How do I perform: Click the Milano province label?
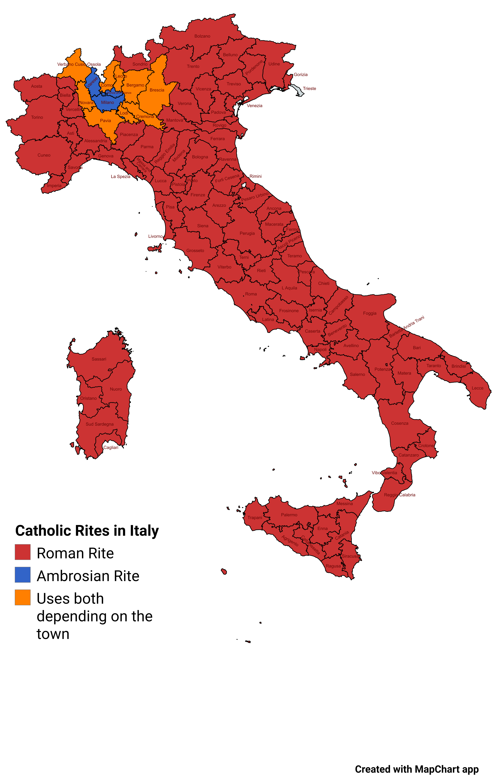pyautogui.click(x=107, y=103)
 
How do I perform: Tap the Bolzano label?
pyautogui.click(x=202, y=36)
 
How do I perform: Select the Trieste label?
pyautogui.click(x=309, y=89)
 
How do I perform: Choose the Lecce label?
pyautogui.click(x=477, y=388)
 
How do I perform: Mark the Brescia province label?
pyautogui.click(x=157, y=90)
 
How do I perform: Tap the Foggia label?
pyautogui.click(x=370, y=313)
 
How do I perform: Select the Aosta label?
pyautogui.click(x=36, y=86)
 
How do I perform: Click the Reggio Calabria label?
pyautogui.click(x=400, y=495)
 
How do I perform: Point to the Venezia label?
pyautogui.click(x=254, y=106)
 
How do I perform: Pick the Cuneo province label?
pyautogui.click(x=44, y=155)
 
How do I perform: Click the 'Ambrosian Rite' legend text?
pyautogui.click(x=88, y=576)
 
